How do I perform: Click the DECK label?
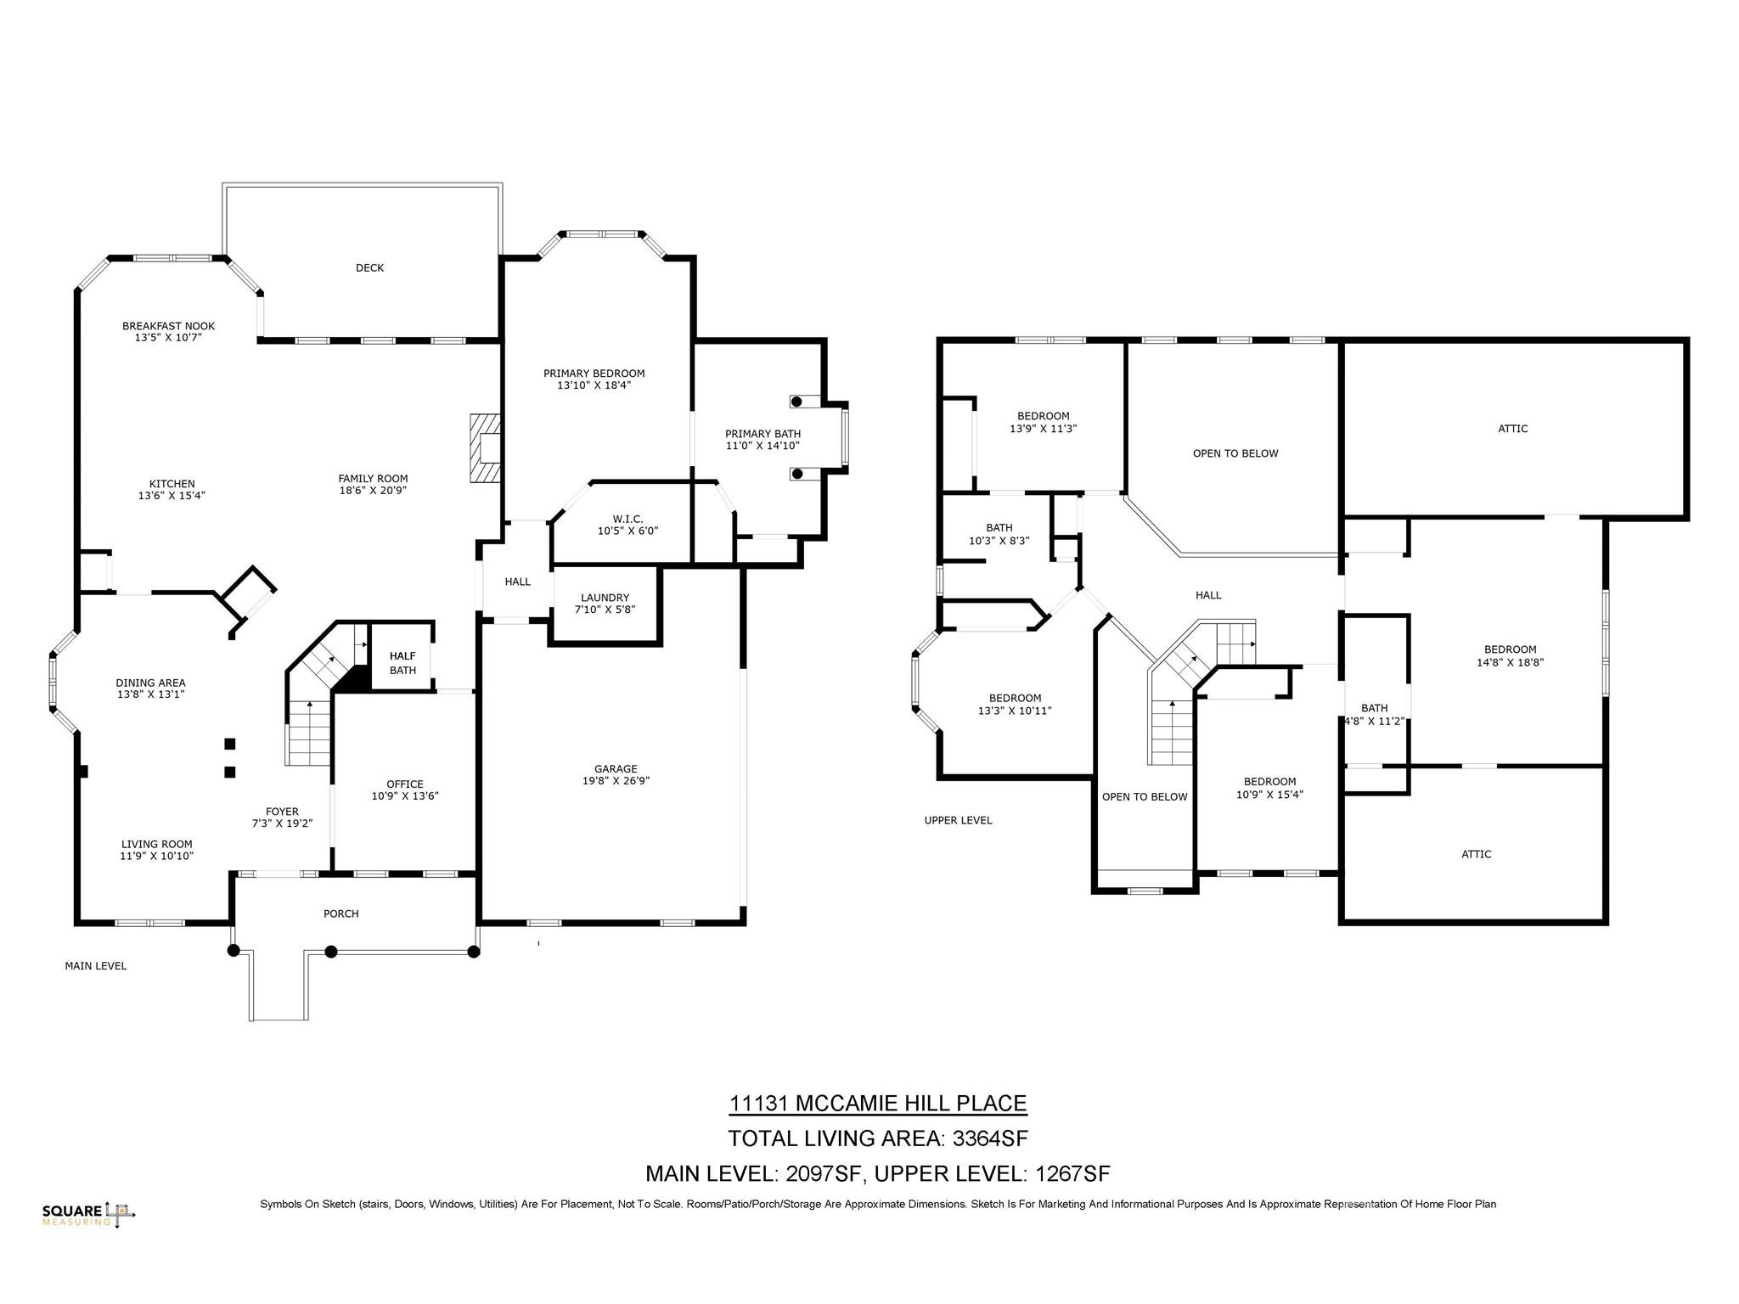point(369,268)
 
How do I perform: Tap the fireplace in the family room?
point(485,448)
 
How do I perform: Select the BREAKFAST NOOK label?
point(168,326)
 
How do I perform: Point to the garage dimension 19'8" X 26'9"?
point(616,781)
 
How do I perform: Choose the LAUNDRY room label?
point(605,598)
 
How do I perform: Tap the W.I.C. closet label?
point(628,519)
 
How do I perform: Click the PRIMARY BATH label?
point(763,434)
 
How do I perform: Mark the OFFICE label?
point(404,784)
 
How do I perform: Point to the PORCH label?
point(341,913)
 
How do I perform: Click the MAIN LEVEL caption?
point(96,966)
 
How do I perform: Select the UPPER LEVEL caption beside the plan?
point(958,820)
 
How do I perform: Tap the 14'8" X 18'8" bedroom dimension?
point(1510,662)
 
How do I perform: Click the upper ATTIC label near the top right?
point(1512,429)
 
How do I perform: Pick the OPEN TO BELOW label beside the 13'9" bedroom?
point(1235,453)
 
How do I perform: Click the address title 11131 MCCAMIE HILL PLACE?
point(878,1104)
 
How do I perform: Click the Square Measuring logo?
point(88,1215)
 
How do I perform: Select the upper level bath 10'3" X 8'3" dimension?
point(999,540)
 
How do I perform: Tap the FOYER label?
point(282,812)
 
